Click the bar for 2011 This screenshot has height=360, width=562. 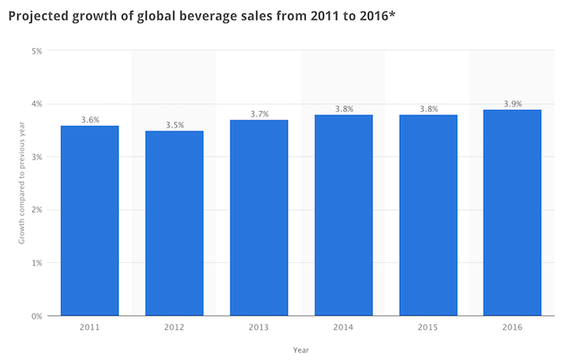pyautogui.click(x=89, y=221)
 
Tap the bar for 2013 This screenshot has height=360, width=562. pyautogui.click(x=259, y=218)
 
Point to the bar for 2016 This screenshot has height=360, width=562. pyautogui.click(x=513, y=213)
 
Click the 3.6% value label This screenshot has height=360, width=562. pyautogui.click(x=89, y=119)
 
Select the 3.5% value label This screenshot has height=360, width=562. pyautogui.click(x=174, y=125)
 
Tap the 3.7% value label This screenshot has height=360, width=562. pyautogui.click(x=259, y=114)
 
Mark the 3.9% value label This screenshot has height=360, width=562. pyautogui.click(x=513, y=104)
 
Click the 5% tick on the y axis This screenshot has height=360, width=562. pyautogui.click(x=36, y=51)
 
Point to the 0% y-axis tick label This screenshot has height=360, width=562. pyautogui.click(x=36, y=316)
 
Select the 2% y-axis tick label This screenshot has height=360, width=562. pyautogui.click(x=36, y=210)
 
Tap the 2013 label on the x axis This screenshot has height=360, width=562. pyautogui.click(x=259, y=326)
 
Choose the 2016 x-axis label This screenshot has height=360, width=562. pyautogui.click(x=513, y=326)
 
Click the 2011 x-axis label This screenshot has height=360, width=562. pyautogui.click(x=89, y=326)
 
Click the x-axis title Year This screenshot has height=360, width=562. pyautogui.click(x=301, y=349)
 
